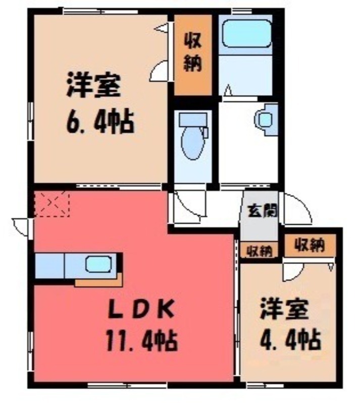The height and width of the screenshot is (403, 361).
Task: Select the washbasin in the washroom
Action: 266,119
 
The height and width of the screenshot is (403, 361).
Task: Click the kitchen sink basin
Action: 98,264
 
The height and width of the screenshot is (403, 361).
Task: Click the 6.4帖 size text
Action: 101,121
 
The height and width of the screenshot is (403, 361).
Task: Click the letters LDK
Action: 141,309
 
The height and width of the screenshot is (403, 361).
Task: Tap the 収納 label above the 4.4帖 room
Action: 310,245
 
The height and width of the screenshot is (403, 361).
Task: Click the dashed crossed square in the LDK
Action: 52,204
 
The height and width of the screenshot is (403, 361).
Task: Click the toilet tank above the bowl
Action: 193,119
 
